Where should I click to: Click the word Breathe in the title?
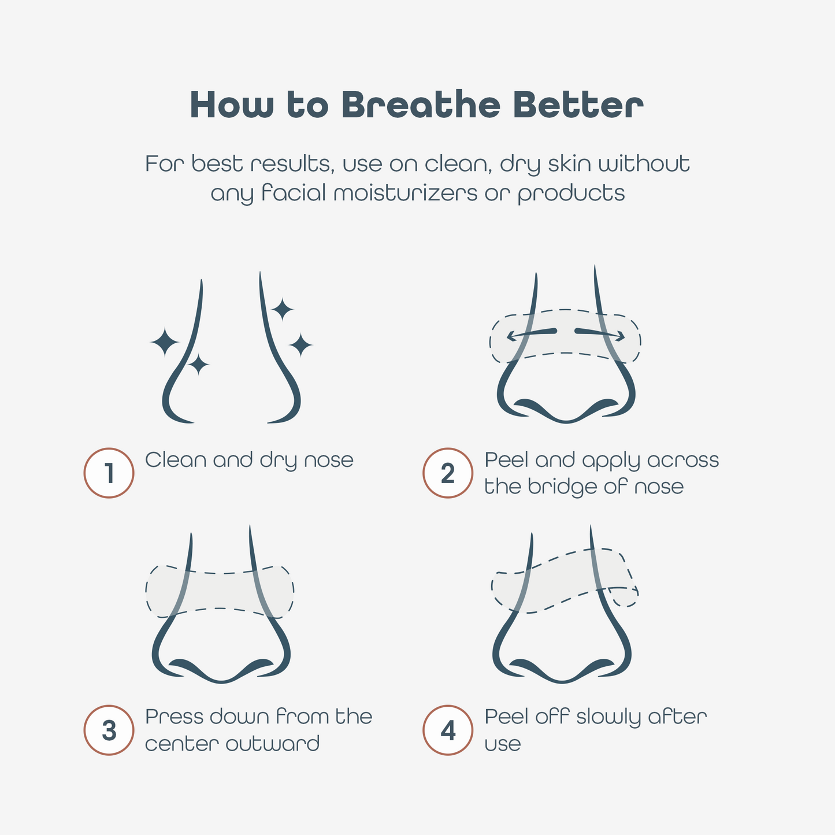tap(421, 105)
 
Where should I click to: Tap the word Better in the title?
tap(578, 105)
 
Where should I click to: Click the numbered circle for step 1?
tap(109, 473)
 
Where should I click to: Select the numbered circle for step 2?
tap(448, 473)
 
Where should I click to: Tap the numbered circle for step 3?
tap(109, 730)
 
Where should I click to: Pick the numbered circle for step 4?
tap(448, 730)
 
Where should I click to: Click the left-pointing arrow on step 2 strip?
tap(532, 333)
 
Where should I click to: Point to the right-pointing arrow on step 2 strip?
tap(600, 333)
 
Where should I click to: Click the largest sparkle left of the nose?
tap(165, 342)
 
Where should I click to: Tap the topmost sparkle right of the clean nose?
tap(283, 309)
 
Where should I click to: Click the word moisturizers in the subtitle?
tap(405, 193)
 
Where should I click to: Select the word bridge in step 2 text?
tap(563, 487)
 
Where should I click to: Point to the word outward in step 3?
tap(272, 744)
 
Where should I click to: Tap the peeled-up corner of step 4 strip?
tap(624, 596)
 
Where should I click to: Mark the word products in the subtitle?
tap(571, 194)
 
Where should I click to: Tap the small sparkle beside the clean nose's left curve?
tap(198, 364)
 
